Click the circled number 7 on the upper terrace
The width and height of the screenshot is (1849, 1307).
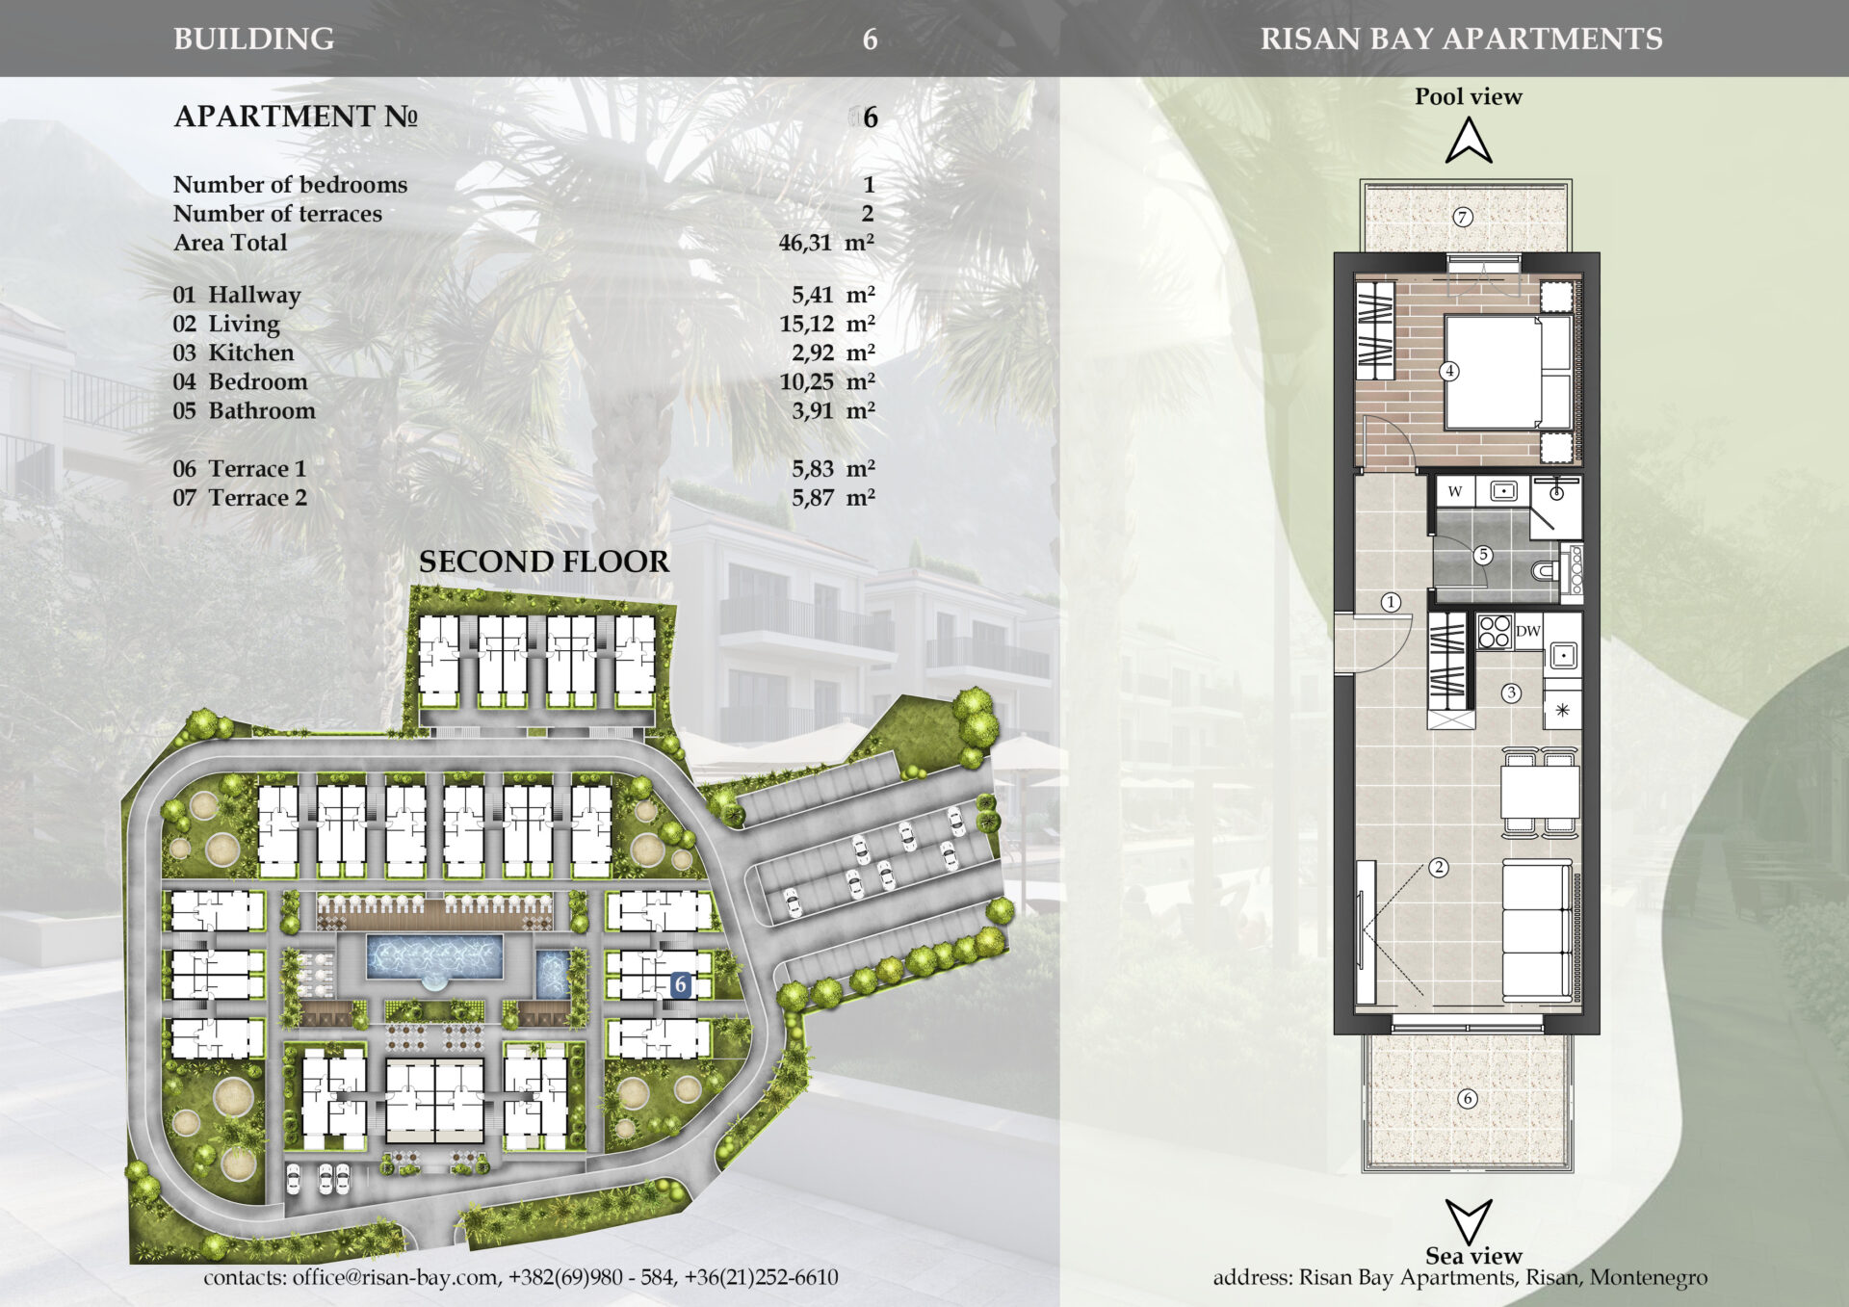tap(1462, 217)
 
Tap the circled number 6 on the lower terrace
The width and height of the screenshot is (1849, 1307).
tap(1468, 1098)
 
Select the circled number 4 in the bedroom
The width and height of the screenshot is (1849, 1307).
tap(1448, 371)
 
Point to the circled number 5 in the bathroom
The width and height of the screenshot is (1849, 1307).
tap(1483, 555)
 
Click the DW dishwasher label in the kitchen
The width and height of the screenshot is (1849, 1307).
tap(1527, 632)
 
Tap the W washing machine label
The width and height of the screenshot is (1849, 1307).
tap(1454, 491)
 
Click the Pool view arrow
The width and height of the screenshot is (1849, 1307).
tap(1469, 141)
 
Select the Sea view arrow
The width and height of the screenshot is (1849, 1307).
tap(1469, 1221)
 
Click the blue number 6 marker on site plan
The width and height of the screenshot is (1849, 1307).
tap(681, 984)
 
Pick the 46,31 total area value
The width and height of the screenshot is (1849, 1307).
tap(805, 243)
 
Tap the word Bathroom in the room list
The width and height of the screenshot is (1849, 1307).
tap(262, 410)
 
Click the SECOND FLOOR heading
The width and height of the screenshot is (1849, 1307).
tap(543, 562)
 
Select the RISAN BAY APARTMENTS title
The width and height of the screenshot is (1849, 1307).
tap(1461, 39)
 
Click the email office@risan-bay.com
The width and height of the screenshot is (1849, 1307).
tap(395, 1277)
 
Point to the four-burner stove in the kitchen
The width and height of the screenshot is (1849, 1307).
tap(1494, 632)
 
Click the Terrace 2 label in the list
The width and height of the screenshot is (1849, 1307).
tap(257, 498)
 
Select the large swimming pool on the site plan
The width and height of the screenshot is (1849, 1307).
tap(434, 957)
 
